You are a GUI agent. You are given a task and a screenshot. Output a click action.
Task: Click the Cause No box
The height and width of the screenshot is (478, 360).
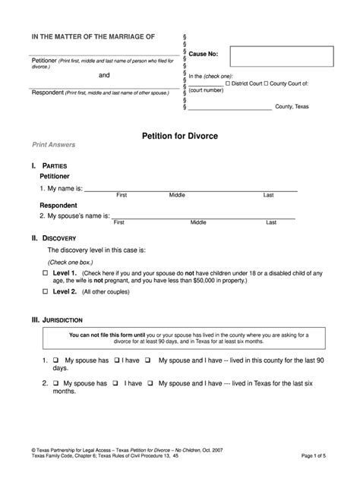click(x=281, y=56)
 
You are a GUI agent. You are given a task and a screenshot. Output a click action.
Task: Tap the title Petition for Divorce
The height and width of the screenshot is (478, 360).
click(x=179, y=136)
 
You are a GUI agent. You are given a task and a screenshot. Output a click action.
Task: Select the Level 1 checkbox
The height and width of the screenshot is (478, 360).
click(x=45, y=273)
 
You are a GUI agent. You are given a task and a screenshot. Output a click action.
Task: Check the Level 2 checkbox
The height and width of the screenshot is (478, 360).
click(x=45, y=291)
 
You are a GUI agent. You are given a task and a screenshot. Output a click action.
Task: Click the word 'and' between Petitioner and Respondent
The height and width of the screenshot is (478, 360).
click(x=105, y=76)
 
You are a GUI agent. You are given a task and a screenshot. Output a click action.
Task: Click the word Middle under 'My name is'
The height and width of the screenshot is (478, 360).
click(x=177, y=195)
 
